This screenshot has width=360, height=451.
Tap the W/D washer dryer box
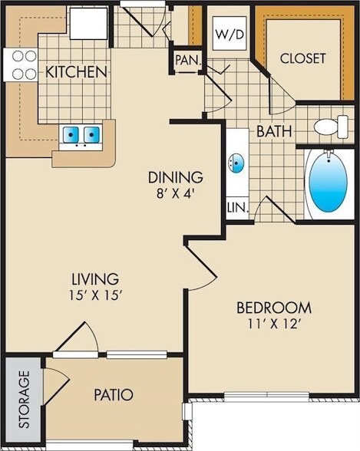coord(228,34)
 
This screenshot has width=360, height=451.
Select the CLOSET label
coord(302,58)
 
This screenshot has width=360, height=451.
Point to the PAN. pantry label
coord(186,59)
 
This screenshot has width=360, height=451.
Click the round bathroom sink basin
coord(237,164)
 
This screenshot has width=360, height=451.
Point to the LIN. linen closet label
coord(235,207)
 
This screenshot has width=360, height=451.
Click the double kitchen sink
coord(81,136)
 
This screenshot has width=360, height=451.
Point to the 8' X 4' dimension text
coord(175,193)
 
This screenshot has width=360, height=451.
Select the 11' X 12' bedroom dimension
coord(272,324)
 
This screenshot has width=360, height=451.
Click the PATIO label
coord(114,396)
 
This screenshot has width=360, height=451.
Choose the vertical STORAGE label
coord(24,400)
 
